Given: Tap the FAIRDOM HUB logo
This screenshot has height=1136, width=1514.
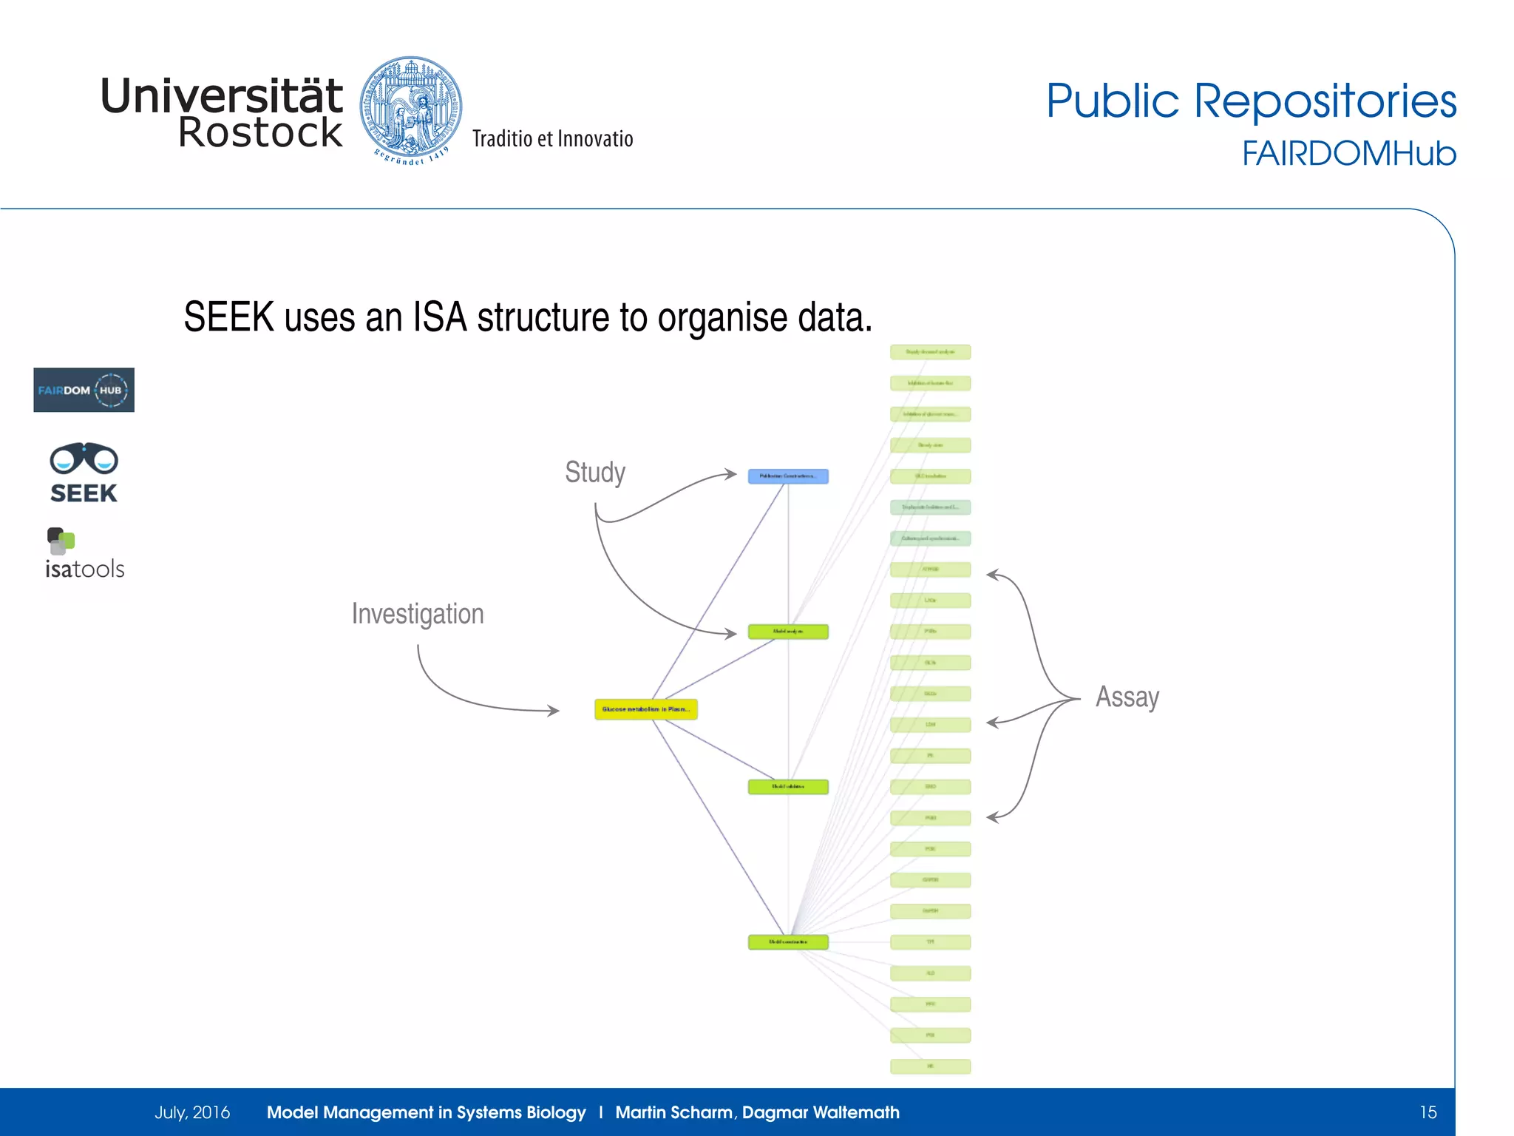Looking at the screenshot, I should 84,390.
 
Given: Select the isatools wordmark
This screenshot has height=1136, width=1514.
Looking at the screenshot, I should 84,569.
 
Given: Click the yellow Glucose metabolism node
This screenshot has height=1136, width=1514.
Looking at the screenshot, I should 646,709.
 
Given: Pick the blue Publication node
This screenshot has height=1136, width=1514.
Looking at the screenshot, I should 788,476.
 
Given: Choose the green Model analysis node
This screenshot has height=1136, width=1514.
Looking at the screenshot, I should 788,632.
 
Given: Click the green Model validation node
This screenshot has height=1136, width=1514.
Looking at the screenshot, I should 788,787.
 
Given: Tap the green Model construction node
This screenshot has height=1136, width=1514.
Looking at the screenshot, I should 788,942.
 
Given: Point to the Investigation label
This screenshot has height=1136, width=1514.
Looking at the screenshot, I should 418,614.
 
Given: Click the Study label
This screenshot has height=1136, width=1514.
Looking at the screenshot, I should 595,472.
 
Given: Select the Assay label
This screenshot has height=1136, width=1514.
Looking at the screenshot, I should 1127,697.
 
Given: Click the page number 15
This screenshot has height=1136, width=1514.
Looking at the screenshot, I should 1428,1112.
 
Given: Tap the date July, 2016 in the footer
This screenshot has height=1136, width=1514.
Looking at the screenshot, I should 192,1112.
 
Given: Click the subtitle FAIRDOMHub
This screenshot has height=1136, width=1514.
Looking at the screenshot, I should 1348,154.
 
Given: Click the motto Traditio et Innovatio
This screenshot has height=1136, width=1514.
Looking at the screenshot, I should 553,139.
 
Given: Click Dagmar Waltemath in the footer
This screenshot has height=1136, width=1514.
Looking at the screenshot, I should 821,1112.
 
